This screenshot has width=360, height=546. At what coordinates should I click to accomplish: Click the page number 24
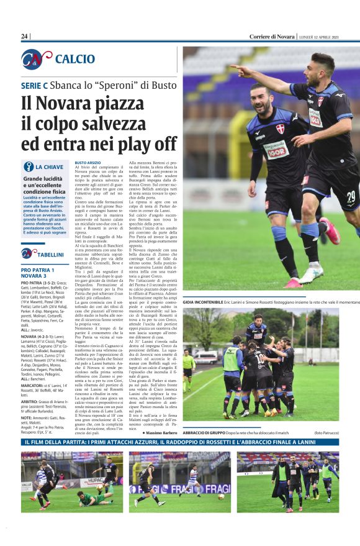click(x=25, y=37)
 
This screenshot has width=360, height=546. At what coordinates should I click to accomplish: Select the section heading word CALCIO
click(x=75, y=60)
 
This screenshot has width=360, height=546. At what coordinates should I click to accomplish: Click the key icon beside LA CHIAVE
click(x=29, y=166)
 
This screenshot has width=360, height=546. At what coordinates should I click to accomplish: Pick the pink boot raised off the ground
click(x=329, y=230)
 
